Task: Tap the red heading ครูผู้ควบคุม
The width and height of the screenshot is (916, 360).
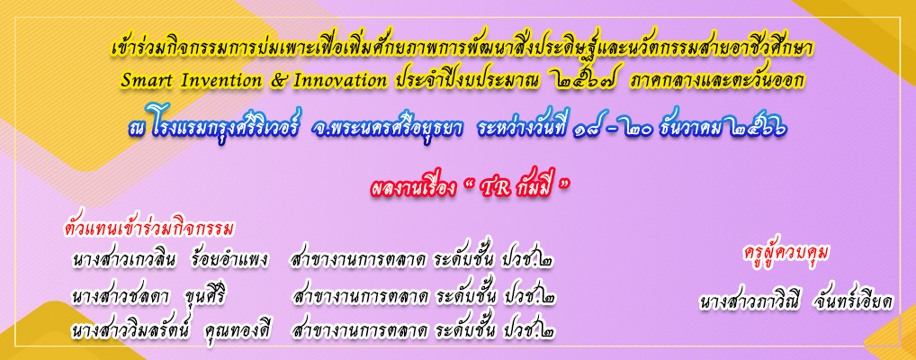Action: click(787, 253)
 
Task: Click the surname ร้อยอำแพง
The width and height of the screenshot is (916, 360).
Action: click(229, 261)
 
